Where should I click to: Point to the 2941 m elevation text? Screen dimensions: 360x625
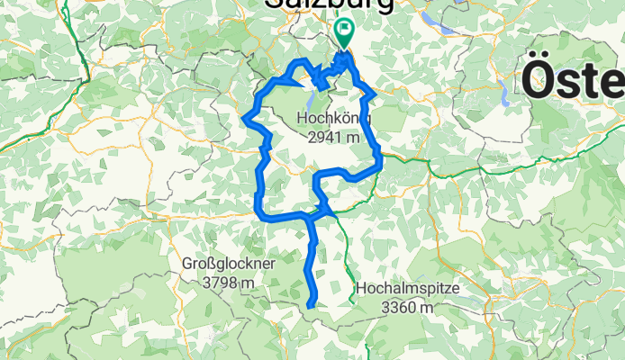click(x=332, y=137)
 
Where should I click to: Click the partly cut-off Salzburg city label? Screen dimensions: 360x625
click(x=329, y=4)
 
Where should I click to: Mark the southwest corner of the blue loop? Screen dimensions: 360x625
click(x=260, y=213)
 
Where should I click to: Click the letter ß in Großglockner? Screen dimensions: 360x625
click(x=213, y=265)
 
